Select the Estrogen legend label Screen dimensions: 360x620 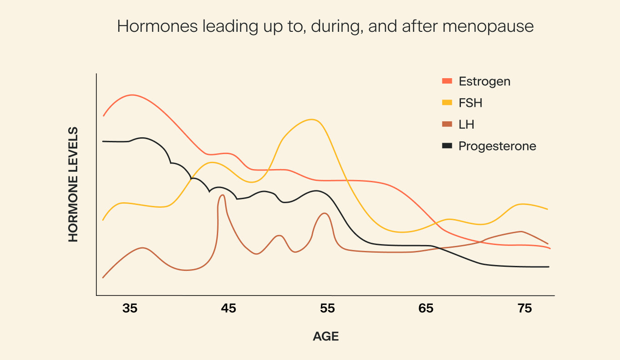pyautogui.click(x=485, y=81)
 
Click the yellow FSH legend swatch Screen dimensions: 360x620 pyautogui.click(x=447, y=103)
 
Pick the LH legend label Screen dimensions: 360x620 pyautogui.click(x=467, y=125)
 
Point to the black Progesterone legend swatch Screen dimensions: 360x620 pyautogui.click(x=447, y=146)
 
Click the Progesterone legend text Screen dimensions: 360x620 pyautogui.click(x=497, y=146)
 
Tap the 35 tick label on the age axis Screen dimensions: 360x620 pyautogui.click(x=130, y=309)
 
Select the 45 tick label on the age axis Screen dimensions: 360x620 pyautogui.click(x=228, y=309)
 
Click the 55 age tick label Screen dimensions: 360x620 pyautogui.click(x=327, y=309)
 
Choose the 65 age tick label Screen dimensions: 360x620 pyautogui.click(x=426, y=309)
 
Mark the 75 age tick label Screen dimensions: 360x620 pyautogui.click(x=525, y=309)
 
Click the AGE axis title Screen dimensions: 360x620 pyautogui.click(x=326, y=337)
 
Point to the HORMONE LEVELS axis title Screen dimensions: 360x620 pyautogui.click(x=73, y=184)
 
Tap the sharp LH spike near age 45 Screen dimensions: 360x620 pyautogui.click(x=222, y=195)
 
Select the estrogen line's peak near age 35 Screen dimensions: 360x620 pyautogui.click(x=132, y=95)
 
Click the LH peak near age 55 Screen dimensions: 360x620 pyautogui.click(x=324, y=213)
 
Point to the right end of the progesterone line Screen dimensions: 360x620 pyautogui.click(x=549, y=267)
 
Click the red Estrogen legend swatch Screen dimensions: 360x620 pyautogui.click(x=447, y=81)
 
